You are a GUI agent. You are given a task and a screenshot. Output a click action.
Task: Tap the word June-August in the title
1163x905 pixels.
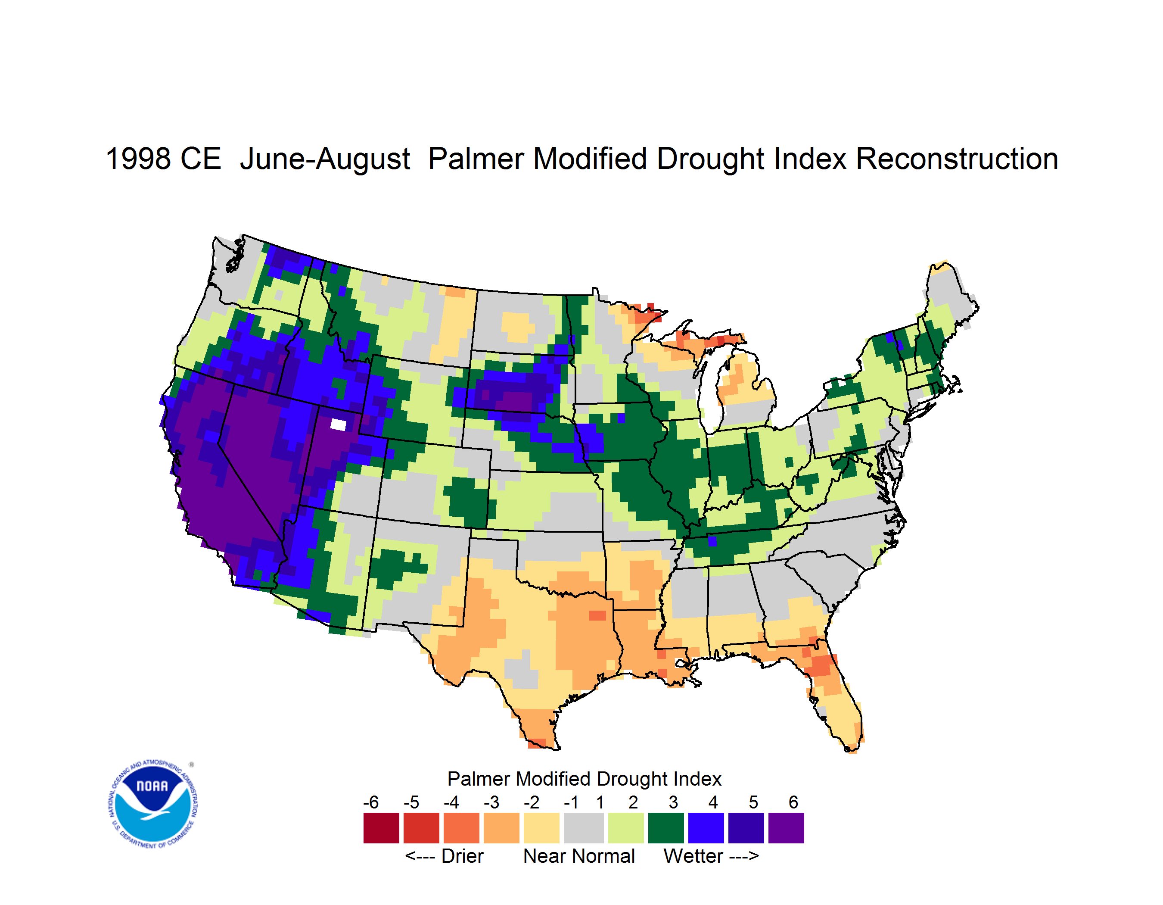tap(325, 160)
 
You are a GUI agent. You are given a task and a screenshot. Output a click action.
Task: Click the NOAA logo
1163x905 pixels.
tap(153, 804)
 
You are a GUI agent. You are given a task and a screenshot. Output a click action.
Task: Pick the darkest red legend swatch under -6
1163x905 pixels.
tap(381, 828)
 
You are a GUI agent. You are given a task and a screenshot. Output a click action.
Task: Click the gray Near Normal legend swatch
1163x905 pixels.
tap(584, 828)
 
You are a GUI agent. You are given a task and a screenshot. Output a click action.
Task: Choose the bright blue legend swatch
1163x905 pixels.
tap(706, 828)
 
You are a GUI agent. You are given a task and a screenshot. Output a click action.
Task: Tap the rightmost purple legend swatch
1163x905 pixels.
tap(786, 828)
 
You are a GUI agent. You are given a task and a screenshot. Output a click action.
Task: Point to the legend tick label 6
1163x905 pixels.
tap(793, 802)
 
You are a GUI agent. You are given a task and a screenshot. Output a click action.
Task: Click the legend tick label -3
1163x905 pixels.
tap(491, 802)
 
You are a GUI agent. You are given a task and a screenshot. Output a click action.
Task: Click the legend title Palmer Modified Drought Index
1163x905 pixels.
tap(584, 779)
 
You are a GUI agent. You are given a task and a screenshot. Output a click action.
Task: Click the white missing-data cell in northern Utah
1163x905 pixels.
tap(338, 424)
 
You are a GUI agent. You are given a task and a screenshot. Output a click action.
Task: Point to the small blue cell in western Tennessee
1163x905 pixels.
tap(712, 542)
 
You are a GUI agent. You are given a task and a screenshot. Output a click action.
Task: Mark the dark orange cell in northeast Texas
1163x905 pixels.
tap(597, 615)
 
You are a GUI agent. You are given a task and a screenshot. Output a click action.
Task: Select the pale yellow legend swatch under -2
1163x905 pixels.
tap(541, 828)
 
